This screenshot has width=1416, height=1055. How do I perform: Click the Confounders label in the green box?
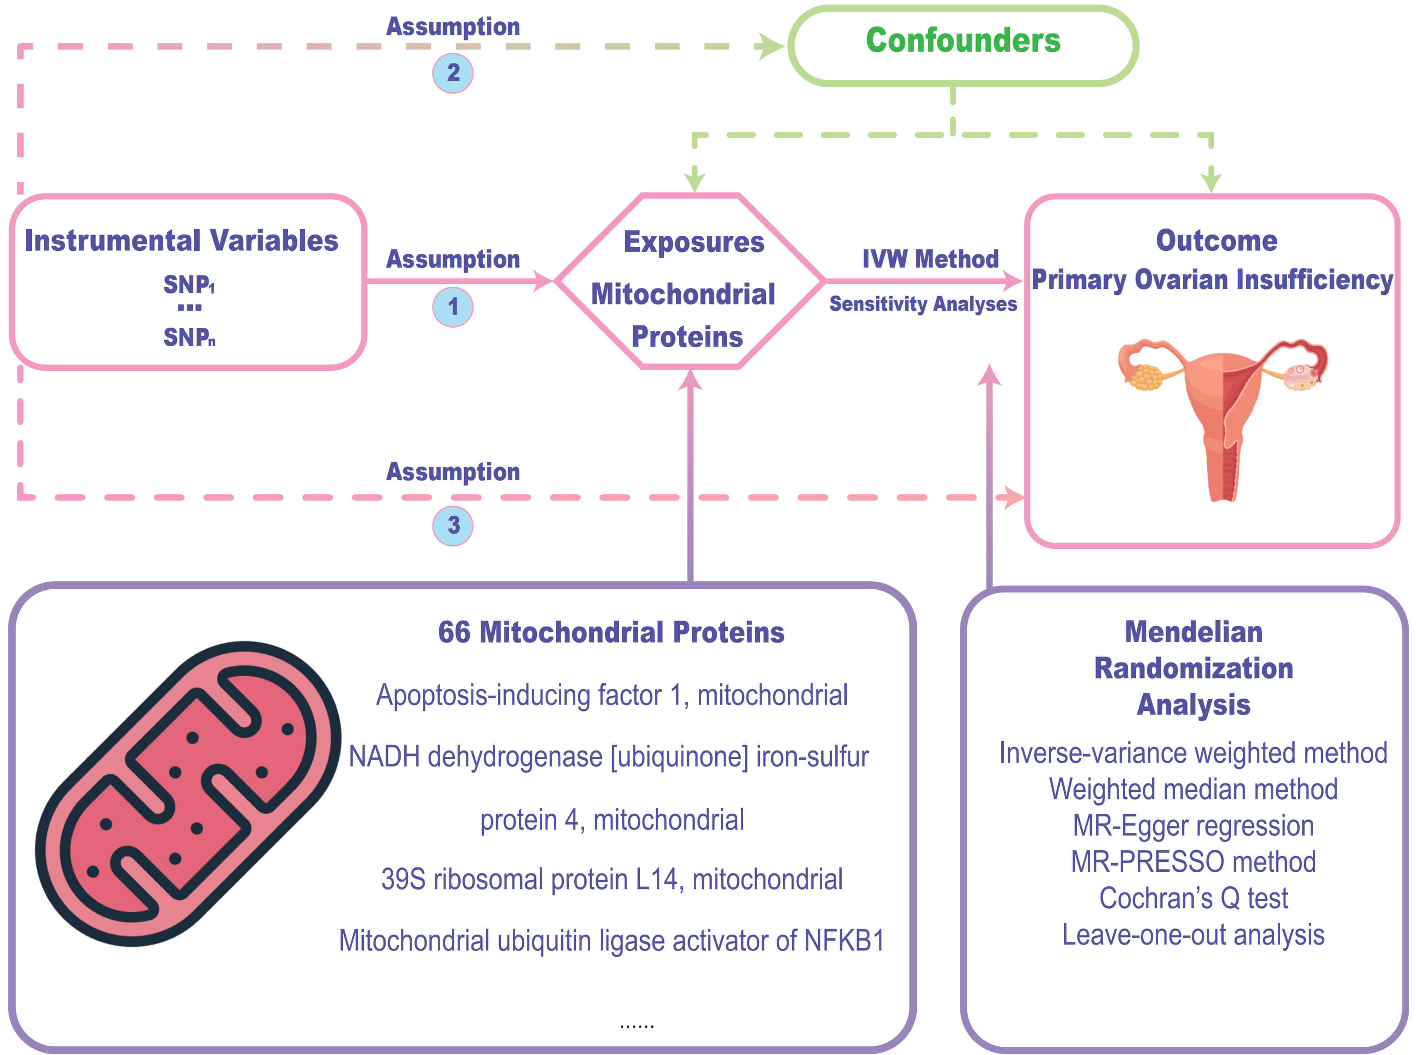click(x=963, y=40)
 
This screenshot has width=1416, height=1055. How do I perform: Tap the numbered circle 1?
click(x=453, y=307)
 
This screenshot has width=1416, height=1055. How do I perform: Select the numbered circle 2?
click(x=453, y=73)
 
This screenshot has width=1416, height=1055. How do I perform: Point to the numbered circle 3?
click(x=453, y=526)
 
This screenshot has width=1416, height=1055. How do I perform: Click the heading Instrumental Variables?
click(x=181, y=241)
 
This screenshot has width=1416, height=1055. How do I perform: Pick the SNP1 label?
click(x=189, y=284)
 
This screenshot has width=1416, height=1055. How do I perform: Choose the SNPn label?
click(x=189, y=337)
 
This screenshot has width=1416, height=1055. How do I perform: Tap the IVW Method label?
click(x=930, y=259)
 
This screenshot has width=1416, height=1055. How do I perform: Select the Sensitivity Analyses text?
click(x=924, y=304)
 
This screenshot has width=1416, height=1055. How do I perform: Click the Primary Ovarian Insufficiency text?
click(x=1212, y=280)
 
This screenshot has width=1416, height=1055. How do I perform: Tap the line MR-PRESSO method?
click(x=1193, y=862)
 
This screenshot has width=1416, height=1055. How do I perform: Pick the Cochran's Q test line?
click(x=1193, y=899)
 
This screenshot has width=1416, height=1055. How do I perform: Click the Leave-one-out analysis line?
click(x=1193, y=935)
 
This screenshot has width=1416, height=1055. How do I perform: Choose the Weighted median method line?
click(x=1193, y=789)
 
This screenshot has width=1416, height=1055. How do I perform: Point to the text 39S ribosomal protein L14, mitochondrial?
click(x=612, y=879)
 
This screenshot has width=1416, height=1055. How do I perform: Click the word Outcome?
click(x=1217, y=241)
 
